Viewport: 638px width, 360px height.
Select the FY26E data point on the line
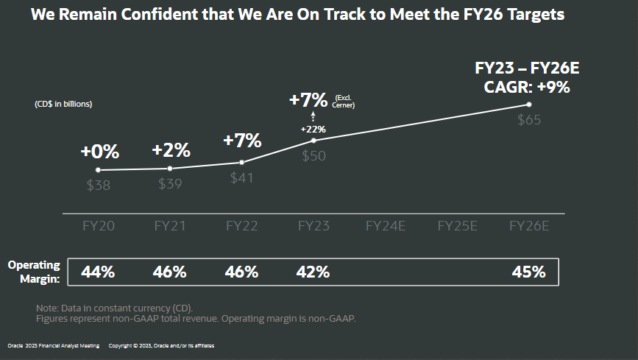(528, 105)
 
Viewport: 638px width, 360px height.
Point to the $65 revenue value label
(529, 120)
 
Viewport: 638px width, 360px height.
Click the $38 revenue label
(99, 186)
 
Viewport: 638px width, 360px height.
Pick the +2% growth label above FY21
(171, 150)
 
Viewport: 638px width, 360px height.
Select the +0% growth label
(99, 152)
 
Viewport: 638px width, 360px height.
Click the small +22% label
(313, 129)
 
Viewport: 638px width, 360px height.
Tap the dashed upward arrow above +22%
(313, 116)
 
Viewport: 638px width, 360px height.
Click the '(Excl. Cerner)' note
(344, 102)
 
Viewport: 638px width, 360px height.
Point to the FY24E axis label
(385, 226)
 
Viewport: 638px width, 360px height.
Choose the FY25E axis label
(457, 226)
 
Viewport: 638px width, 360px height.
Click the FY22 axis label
(241, 226)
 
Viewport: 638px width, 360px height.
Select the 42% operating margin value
(313, 272)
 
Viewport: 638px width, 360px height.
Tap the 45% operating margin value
(528, 272)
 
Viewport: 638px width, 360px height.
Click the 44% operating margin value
(98, 272)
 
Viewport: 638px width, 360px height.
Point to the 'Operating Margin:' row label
(33, 271)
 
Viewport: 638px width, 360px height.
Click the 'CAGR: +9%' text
(527, 87)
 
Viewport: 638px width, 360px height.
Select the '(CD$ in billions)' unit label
(63, 104)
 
